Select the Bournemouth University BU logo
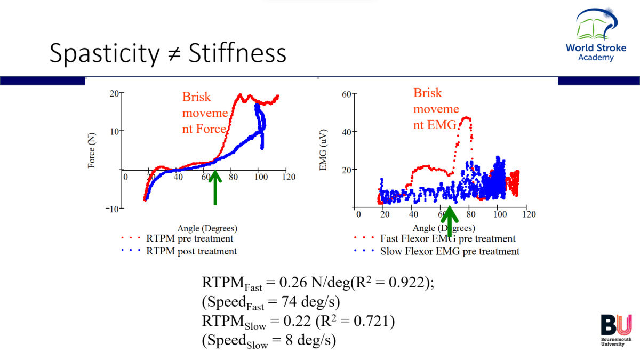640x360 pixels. point(616,331)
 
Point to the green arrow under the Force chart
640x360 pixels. point(215,187)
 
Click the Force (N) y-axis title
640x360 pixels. point(92,150)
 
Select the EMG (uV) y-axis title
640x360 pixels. point(324,150)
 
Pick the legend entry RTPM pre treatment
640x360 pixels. point(189,239)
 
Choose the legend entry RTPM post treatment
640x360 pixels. point(191,251)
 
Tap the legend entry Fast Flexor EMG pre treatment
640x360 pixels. point(447,239)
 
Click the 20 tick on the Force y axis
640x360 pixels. point(114,94)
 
